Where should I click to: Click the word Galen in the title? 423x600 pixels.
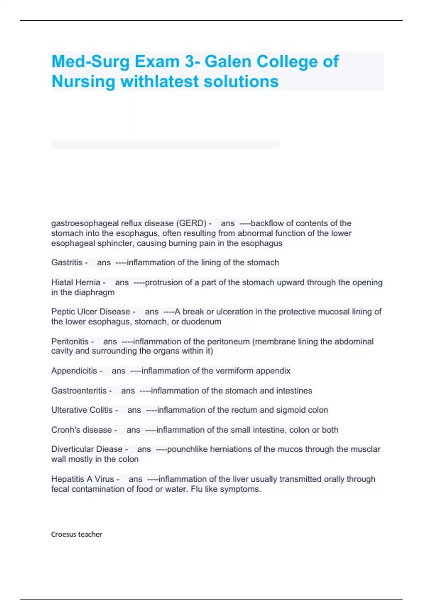point(228,61)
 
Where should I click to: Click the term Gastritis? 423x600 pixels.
point(67,263)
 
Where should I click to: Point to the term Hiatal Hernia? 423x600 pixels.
point(76,282)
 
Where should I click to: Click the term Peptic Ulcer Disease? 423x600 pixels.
point(91,312)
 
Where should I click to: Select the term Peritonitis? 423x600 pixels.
point(70,341)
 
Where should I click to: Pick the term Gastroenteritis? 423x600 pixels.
point(79,391)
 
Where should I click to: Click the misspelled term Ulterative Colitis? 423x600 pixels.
point(82,410)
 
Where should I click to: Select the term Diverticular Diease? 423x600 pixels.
point(87,449)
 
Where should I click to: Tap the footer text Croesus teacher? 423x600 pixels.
point(76,534)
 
